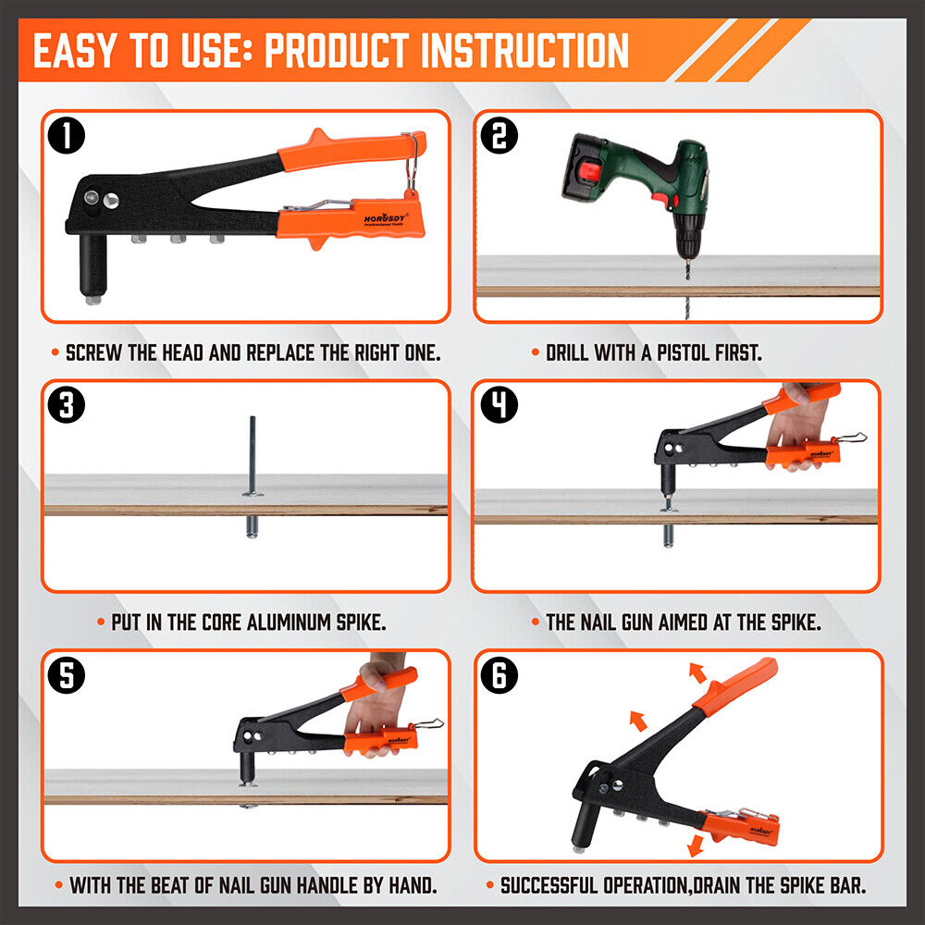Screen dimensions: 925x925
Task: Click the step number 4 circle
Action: [x=499, y=406]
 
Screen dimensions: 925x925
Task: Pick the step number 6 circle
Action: [x=499, y=676]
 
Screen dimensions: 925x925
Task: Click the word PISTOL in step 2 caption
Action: [x=676, y=353]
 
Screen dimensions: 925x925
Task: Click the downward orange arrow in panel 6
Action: [x=692, y=845]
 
